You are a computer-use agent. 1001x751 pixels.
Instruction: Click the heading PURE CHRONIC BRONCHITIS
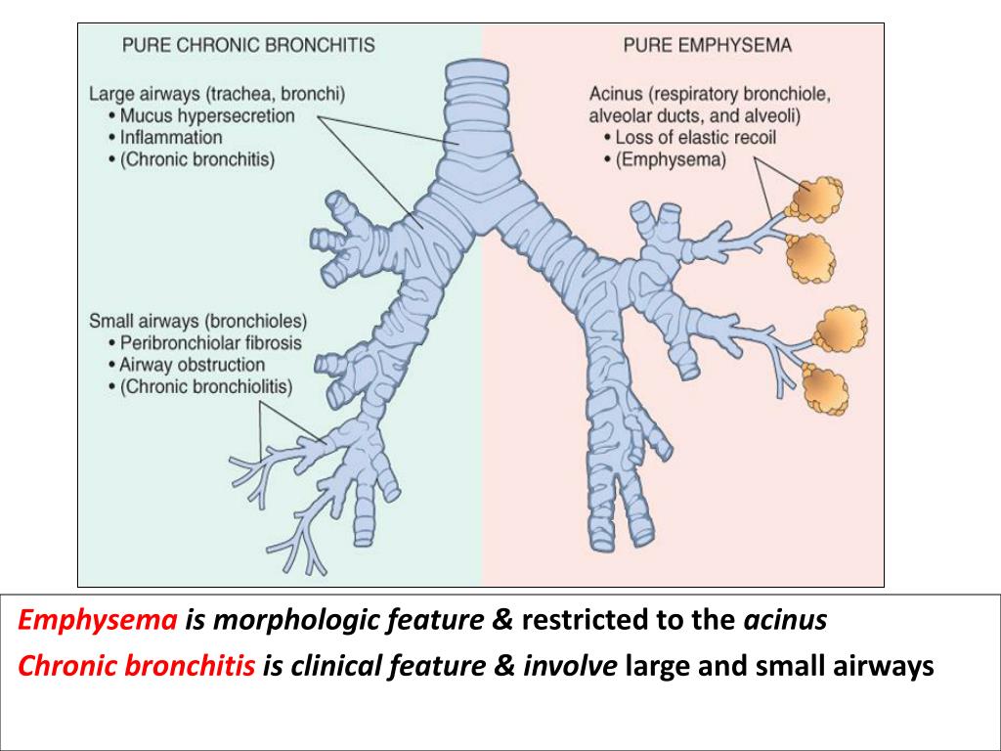(247, 45)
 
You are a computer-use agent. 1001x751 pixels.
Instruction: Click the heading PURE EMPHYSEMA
(707, 45)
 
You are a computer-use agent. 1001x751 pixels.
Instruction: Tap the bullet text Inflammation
(171, 138)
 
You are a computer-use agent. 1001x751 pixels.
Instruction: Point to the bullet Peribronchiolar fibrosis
(211, 343)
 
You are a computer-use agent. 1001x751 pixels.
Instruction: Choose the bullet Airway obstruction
(193, 365)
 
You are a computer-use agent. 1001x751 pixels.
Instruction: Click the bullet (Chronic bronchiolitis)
(206, 386)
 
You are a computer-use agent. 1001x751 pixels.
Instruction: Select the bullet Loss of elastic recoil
(695, 138)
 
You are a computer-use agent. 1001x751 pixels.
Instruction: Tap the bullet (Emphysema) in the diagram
(671, 159)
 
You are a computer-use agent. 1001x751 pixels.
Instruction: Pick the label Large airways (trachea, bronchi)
(217, 95)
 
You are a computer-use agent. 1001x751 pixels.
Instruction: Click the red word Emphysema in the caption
(99, 620)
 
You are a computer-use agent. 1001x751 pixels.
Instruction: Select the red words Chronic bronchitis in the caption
(137, 666)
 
